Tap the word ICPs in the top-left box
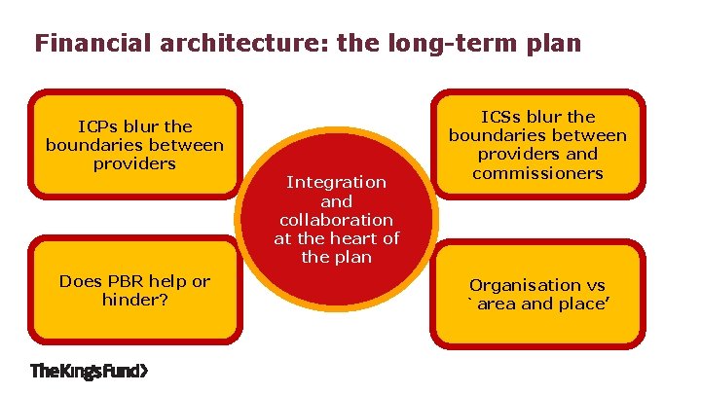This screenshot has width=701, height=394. coord(97,126)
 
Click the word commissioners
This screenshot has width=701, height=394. coord(537,173)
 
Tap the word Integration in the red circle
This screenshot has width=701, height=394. coord(336,182)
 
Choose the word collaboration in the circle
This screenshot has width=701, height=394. coord(336,220)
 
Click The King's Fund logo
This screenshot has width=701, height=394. coord(91,370)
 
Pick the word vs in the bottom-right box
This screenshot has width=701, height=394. coord(594,285)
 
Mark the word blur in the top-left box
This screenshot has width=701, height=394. coord(142,126)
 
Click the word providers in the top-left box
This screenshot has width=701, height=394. coord(134,163)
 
